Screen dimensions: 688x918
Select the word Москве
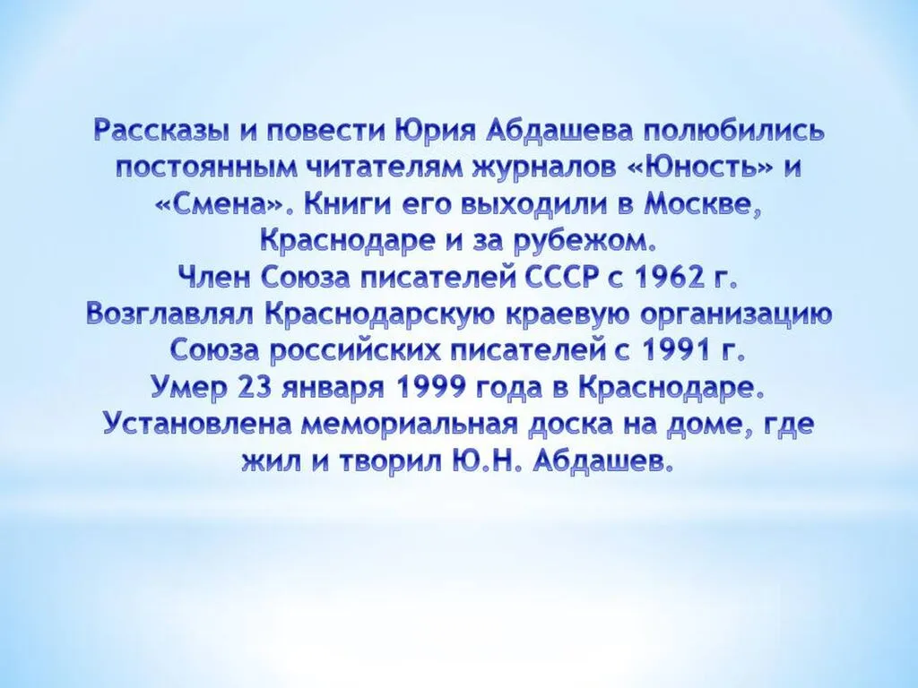702,203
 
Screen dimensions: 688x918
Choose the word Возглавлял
171,314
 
